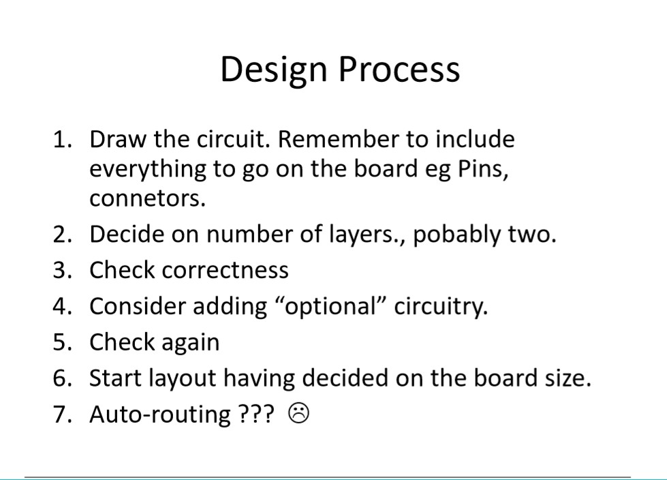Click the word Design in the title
click(x=273, y=70)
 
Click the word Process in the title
click(x=399, y=69)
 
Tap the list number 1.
click(x=62, y=139)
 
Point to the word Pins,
click(x=483, y=169)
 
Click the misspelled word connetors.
click(x=147, y=198)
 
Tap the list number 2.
click(x=62, y=235)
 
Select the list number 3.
click(x=62, y=270)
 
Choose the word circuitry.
click(x=441, y=306)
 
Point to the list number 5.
click(x=62, y=342)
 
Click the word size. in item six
click(x=568, y=378)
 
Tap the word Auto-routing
click(x=160, y=415)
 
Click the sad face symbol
click(x=299, y=414)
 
